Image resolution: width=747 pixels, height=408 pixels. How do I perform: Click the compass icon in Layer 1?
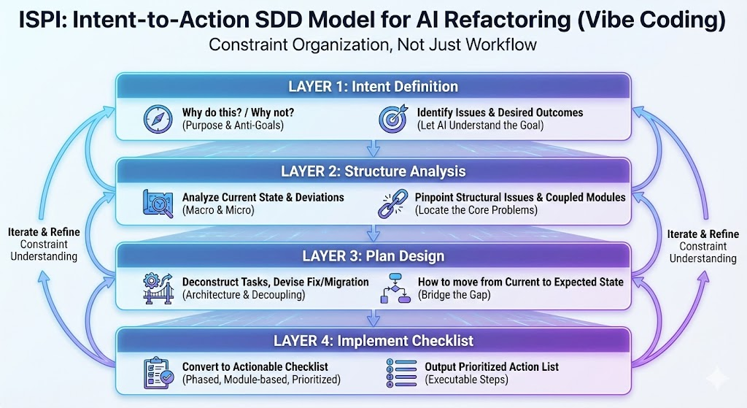tap(158, 119)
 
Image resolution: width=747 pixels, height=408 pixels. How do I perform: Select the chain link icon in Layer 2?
tap(392, 204)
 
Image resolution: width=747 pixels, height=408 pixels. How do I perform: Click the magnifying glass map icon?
tap(158, 204)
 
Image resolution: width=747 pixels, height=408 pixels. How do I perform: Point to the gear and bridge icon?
tap(158, 288)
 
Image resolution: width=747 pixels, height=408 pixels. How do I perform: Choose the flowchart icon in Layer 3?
tap(394, 288)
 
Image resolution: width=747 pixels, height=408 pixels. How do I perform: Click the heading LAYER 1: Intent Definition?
tap(373, 87)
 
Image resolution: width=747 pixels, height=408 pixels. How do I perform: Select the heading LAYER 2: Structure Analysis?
tap(373, 172)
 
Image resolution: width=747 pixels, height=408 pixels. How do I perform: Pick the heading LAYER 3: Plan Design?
tap(373, 256)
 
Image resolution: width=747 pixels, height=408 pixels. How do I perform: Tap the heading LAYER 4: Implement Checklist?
tap(373, 341)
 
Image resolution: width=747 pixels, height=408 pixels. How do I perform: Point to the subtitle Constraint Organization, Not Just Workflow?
tap(373, 45)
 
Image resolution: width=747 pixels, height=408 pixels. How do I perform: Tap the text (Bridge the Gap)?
tap(454, 294)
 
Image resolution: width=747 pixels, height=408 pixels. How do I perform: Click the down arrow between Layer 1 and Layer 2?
tap(373, 150)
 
